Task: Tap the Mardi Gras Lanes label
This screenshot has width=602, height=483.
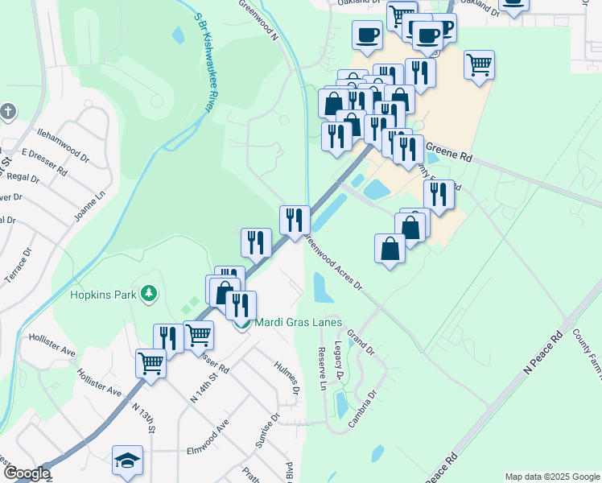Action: point(299,323)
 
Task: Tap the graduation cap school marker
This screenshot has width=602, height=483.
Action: point(127,461)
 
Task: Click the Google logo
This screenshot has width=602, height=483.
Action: point(27,473)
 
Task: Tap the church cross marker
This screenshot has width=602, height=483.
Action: point(8,111)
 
